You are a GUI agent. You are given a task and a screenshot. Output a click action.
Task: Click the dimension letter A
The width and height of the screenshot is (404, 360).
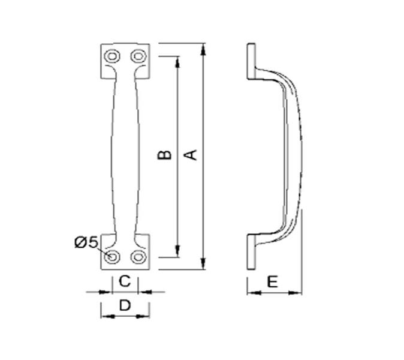point(191,154)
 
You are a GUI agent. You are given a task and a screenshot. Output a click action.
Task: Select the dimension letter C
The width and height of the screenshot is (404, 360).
point(125,280)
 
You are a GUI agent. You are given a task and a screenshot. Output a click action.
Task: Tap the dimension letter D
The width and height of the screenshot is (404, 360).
point(125,305)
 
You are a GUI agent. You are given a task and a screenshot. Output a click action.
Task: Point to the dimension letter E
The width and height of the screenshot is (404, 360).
point(272,281)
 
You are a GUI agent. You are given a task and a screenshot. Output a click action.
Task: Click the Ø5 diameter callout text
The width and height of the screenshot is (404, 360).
point(86,242)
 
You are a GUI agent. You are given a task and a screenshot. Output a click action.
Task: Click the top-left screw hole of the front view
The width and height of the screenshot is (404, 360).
point(111,56)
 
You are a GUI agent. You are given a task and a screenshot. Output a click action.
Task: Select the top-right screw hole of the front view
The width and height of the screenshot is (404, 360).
point(138,56)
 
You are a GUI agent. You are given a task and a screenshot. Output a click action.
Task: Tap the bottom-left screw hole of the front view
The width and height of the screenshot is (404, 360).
point(112,257)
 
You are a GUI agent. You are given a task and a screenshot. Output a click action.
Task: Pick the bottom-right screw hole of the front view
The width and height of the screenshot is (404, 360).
point(138,257)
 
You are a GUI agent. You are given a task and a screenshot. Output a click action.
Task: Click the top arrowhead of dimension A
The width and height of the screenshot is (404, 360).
point(205,48)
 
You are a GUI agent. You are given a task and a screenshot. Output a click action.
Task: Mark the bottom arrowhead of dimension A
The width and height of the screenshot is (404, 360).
point(205,265)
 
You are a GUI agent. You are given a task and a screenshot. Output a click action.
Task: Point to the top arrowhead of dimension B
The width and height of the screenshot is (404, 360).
point(177,61)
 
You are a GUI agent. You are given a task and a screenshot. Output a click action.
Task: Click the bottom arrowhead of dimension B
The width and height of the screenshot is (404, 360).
point(177,252)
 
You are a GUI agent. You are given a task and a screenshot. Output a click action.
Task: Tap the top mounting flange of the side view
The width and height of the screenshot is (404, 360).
point(252,61)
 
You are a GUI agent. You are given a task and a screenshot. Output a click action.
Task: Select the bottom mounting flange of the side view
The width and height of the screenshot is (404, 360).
point(252,251)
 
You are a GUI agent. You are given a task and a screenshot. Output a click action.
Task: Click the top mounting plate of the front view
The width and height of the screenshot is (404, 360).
point(125,60)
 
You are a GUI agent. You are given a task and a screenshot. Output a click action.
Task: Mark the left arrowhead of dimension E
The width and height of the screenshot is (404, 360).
point(251,293)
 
